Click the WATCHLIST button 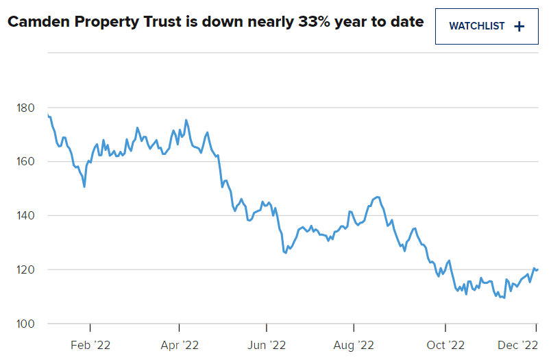(x=487, y=27)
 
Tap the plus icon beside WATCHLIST (x=519, y=27)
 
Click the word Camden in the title (x=38, y=22)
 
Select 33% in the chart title (x=313, y=22)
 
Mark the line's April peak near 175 (x=186, y=120)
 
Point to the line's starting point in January (x=48, y=115)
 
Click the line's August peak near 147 (x=378, y=197)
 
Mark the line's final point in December (x=538, y=269)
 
